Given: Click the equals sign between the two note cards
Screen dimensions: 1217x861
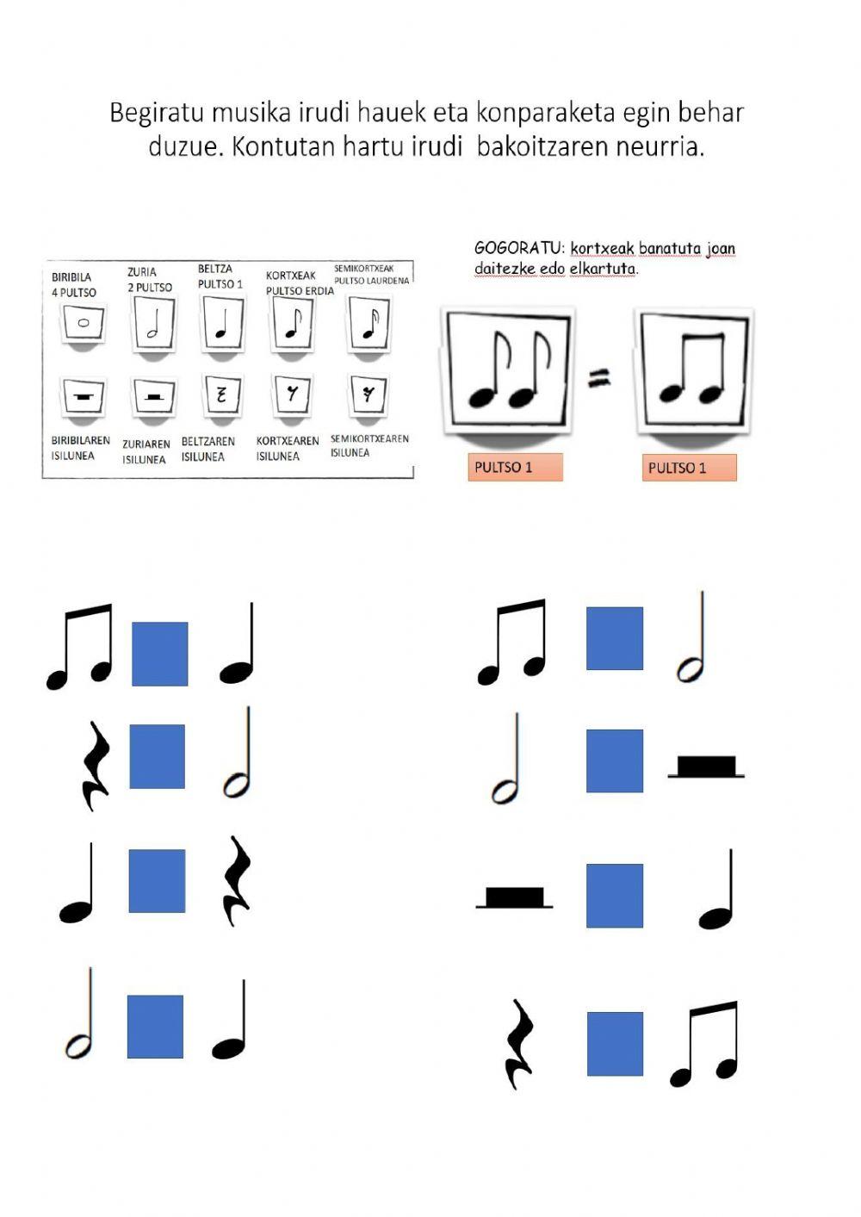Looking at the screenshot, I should pos(599,376).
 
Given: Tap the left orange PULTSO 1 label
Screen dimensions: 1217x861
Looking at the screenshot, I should pos(515,468).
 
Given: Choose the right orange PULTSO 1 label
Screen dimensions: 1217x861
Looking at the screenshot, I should pos(688,468).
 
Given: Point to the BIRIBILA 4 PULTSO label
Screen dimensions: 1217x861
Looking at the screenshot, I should pos(74,285).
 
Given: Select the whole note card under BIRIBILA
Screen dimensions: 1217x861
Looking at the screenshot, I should pos(84,324).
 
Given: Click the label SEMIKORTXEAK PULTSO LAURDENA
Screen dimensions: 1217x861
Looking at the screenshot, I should pos(371,275).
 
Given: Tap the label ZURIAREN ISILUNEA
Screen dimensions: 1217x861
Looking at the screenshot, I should pos(146,452).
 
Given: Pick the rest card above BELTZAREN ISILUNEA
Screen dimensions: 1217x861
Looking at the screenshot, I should pos(221,394).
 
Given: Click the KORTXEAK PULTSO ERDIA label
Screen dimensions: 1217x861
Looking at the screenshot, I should pos(299,283).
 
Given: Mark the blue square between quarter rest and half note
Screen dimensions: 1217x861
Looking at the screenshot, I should pos(158,756).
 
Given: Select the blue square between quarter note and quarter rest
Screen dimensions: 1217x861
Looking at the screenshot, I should pos(157,880).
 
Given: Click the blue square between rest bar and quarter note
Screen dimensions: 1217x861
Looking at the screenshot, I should pos(615,896).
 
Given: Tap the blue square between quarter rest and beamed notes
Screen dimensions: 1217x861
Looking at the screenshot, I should pos(615,1044).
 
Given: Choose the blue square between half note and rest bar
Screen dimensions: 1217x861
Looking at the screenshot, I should pos(615,761).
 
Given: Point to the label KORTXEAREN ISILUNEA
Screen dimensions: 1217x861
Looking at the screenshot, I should pos(287,449).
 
